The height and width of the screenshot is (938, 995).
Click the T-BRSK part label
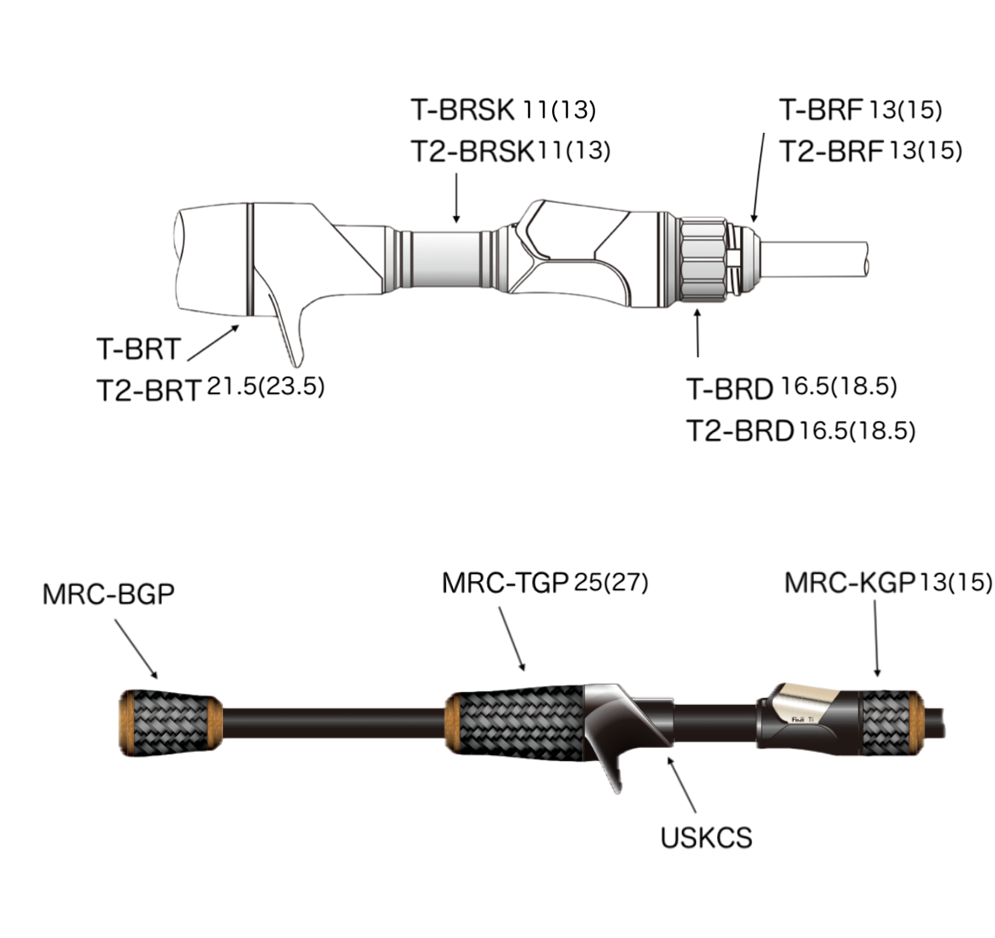coord(462,109)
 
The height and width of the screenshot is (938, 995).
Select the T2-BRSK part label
coord(473,152)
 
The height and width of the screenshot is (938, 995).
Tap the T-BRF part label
coord(822,109)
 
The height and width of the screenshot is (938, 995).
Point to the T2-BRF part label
coord(831,152)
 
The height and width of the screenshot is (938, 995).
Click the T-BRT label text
coord(138,349)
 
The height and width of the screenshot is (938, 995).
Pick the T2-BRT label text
coord(149,391)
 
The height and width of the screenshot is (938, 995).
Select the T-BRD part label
coord(729,389)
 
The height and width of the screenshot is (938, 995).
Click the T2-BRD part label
coord(740,431)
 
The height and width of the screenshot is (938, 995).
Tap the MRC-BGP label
coord(109,594)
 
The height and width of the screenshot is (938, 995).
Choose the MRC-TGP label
coord(506,584)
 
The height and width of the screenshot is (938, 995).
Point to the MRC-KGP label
coord(849,583)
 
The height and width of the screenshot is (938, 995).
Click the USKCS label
coord(706,838)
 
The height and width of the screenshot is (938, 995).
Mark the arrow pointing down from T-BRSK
coord(455,198)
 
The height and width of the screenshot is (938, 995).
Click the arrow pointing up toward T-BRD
coord(697,333)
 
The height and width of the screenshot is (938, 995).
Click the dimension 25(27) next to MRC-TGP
coord(611,583)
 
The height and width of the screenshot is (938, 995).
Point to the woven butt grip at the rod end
coord(170,722)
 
